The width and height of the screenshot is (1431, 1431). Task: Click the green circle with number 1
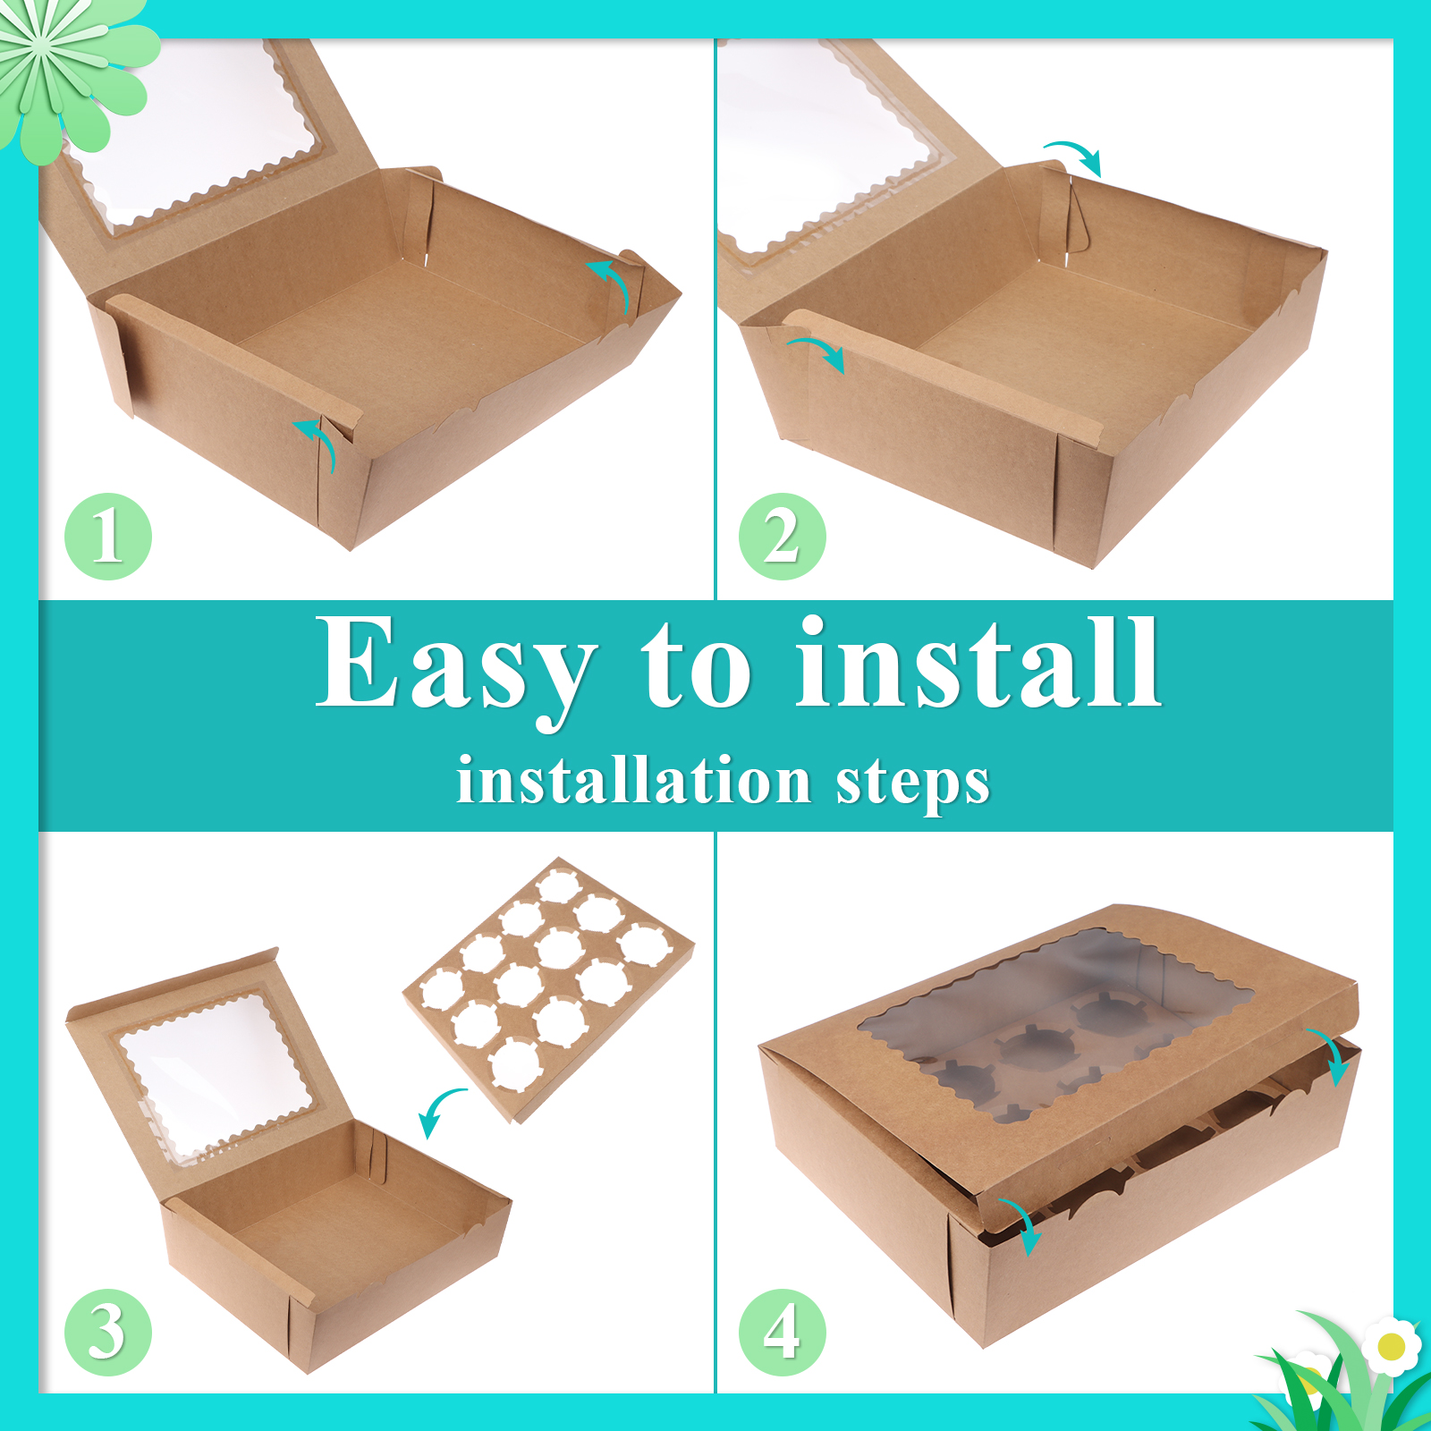click(108, 537)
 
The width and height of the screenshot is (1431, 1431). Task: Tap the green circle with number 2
click(783, 537)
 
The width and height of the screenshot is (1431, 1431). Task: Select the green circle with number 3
click(108, 1333)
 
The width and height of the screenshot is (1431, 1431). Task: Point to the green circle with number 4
click(783, 1333)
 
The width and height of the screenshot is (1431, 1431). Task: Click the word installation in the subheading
click(633, 780)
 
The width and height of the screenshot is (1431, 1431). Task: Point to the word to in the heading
click(697, 666)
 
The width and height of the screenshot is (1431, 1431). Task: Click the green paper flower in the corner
click(72, 72)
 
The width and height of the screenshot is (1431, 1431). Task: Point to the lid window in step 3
click(215, 1073)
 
